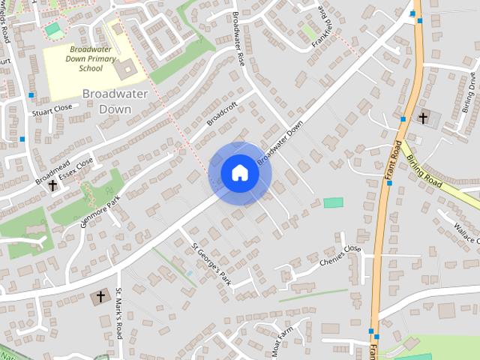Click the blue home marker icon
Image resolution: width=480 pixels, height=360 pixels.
point(240,173)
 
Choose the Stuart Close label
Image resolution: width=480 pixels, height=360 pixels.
point(52,108)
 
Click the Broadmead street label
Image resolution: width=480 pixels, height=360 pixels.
point(49,172)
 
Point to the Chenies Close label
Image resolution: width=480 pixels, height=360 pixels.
point(340,256)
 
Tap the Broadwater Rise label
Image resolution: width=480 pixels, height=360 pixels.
point(238,38)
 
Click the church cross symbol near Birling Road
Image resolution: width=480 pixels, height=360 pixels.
point(423,118)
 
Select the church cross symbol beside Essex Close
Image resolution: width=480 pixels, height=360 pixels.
point(52,184)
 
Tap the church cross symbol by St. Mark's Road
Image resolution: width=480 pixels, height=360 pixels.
point(100,297)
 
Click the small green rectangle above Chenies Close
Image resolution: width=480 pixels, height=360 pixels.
point(333,202)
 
